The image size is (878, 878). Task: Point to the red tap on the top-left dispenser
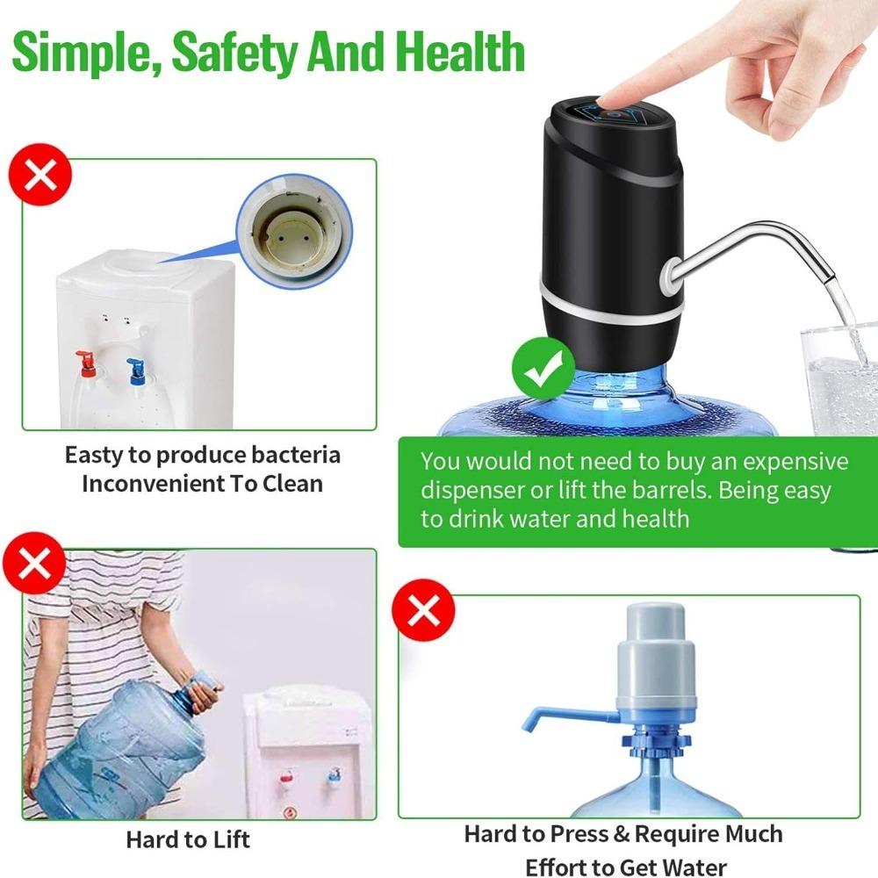[x=84, y=360]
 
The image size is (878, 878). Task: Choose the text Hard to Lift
[x=187, y=838]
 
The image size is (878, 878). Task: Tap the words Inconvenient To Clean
[x=202, y=483]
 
